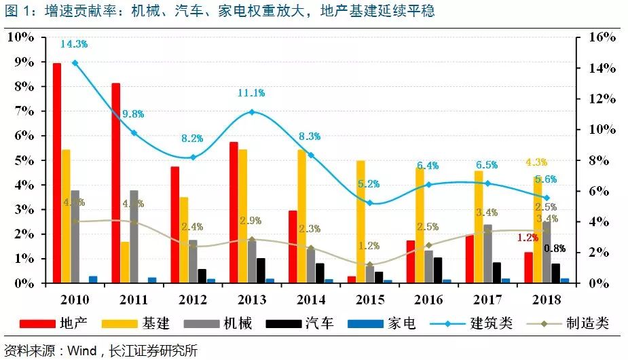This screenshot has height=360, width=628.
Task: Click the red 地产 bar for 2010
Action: point(57,173)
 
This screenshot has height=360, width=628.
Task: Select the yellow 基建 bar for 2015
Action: point(361,222)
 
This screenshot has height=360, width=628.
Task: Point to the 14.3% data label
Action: point(74,44)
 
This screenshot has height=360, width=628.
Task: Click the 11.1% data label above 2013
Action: point(251,93)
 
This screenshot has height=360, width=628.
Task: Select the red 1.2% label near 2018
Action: point(528,238)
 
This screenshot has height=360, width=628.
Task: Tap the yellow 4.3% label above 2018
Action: point(536,162)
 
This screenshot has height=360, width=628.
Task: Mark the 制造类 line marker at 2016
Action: point(428,245)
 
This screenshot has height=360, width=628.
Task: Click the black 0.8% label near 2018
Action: point(555,249)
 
